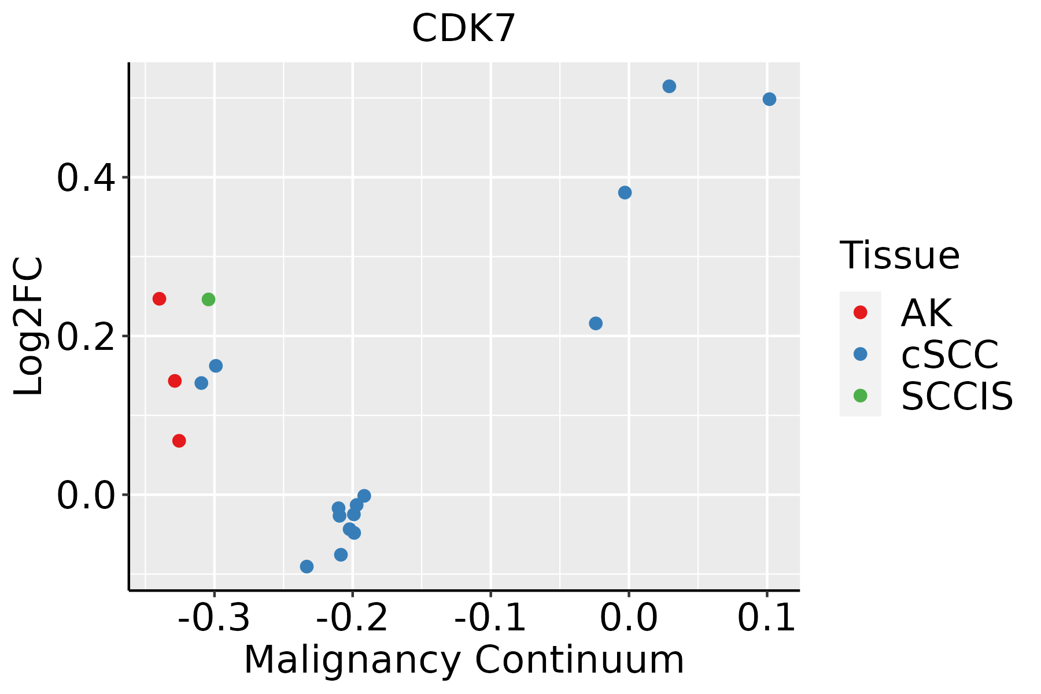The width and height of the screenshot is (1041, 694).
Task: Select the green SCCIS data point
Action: [209, 300]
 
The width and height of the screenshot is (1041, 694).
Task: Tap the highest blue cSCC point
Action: [669, 87]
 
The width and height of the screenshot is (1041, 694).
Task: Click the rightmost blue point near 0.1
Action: [769, 99]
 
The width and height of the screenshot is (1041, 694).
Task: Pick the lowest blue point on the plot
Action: [307, 567]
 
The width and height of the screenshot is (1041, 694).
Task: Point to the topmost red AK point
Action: [160, 299]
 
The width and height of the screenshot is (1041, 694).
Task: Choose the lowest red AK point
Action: [179, 441]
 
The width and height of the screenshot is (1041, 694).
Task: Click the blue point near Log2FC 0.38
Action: [625, 193]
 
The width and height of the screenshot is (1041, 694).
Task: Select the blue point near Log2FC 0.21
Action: [596, 323]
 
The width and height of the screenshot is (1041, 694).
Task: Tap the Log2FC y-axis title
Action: [29, 326]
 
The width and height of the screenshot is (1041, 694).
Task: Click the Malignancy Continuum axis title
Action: [464, 660]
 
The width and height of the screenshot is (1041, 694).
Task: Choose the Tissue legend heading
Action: [899, 255]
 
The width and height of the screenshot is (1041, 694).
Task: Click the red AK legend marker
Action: [860, 312]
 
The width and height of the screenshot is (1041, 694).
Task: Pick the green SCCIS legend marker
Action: [860, 396]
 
